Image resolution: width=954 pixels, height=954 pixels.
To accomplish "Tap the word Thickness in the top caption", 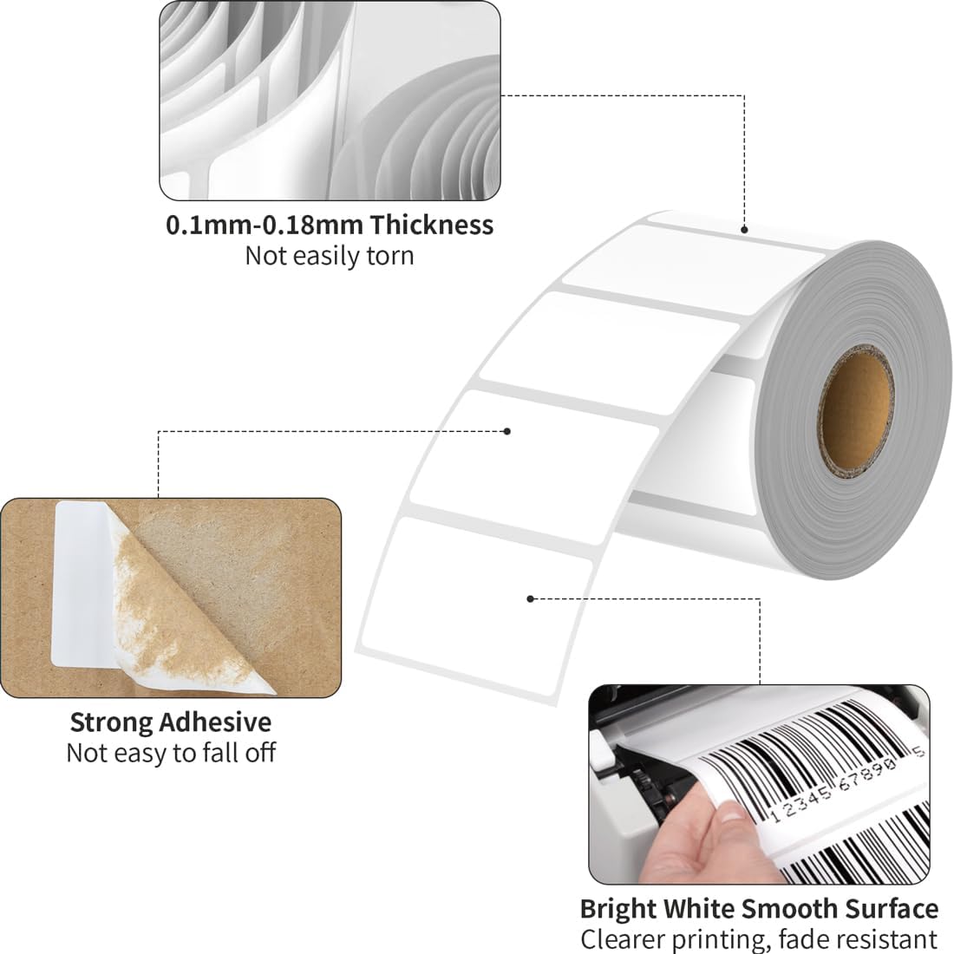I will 432,225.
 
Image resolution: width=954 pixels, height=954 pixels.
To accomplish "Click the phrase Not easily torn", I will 330,256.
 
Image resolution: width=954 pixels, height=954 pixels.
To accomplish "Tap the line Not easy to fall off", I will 171,753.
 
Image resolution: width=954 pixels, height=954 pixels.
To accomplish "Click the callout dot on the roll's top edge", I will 744,230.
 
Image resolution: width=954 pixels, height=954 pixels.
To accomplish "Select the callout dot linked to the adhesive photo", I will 508,431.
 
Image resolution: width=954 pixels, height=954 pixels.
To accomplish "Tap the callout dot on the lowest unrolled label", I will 531,598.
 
